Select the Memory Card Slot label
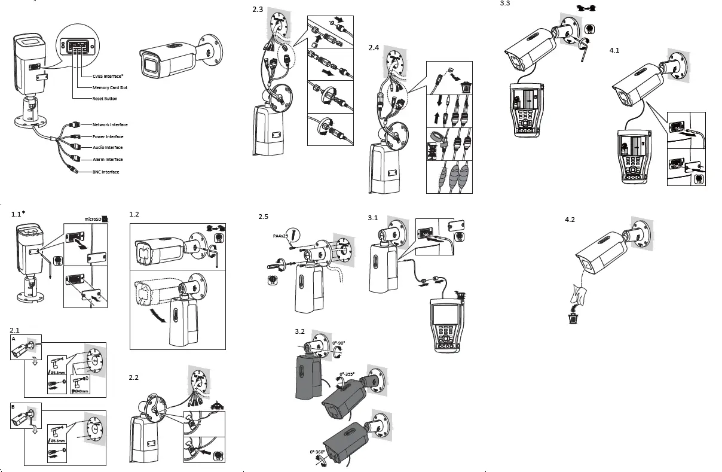click(x=109, y=87)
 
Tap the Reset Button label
click(x=105, y=99)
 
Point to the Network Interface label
click(x=109, y=125)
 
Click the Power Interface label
click(x=108, y=136)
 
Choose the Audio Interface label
click(x=107, y=147)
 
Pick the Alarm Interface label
click(x=107, y=160)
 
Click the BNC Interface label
click(x=105, y=172)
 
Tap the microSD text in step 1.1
click(x=91, y=218)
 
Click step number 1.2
click(x=134, y=214)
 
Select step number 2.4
click(x=374, y=47)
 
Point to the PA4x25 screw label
click(x=280, y=236)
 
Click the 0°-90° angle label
click(x=339, y=343)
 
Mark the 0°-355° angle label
click(x=347, y=374)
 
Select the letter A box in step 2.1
click(x=14, y=339)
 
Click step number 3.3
click(x=504, y=4)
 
